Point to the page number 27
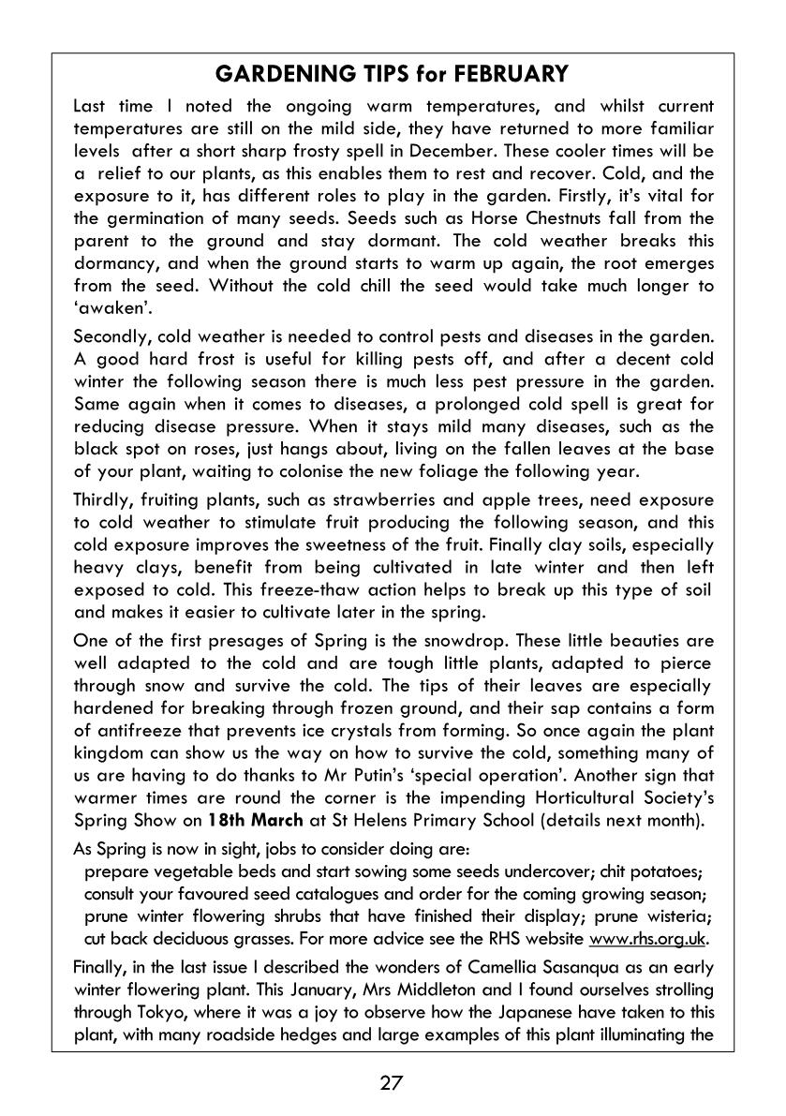[392, 1083]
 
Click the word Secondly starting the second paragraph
[111, 337]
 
